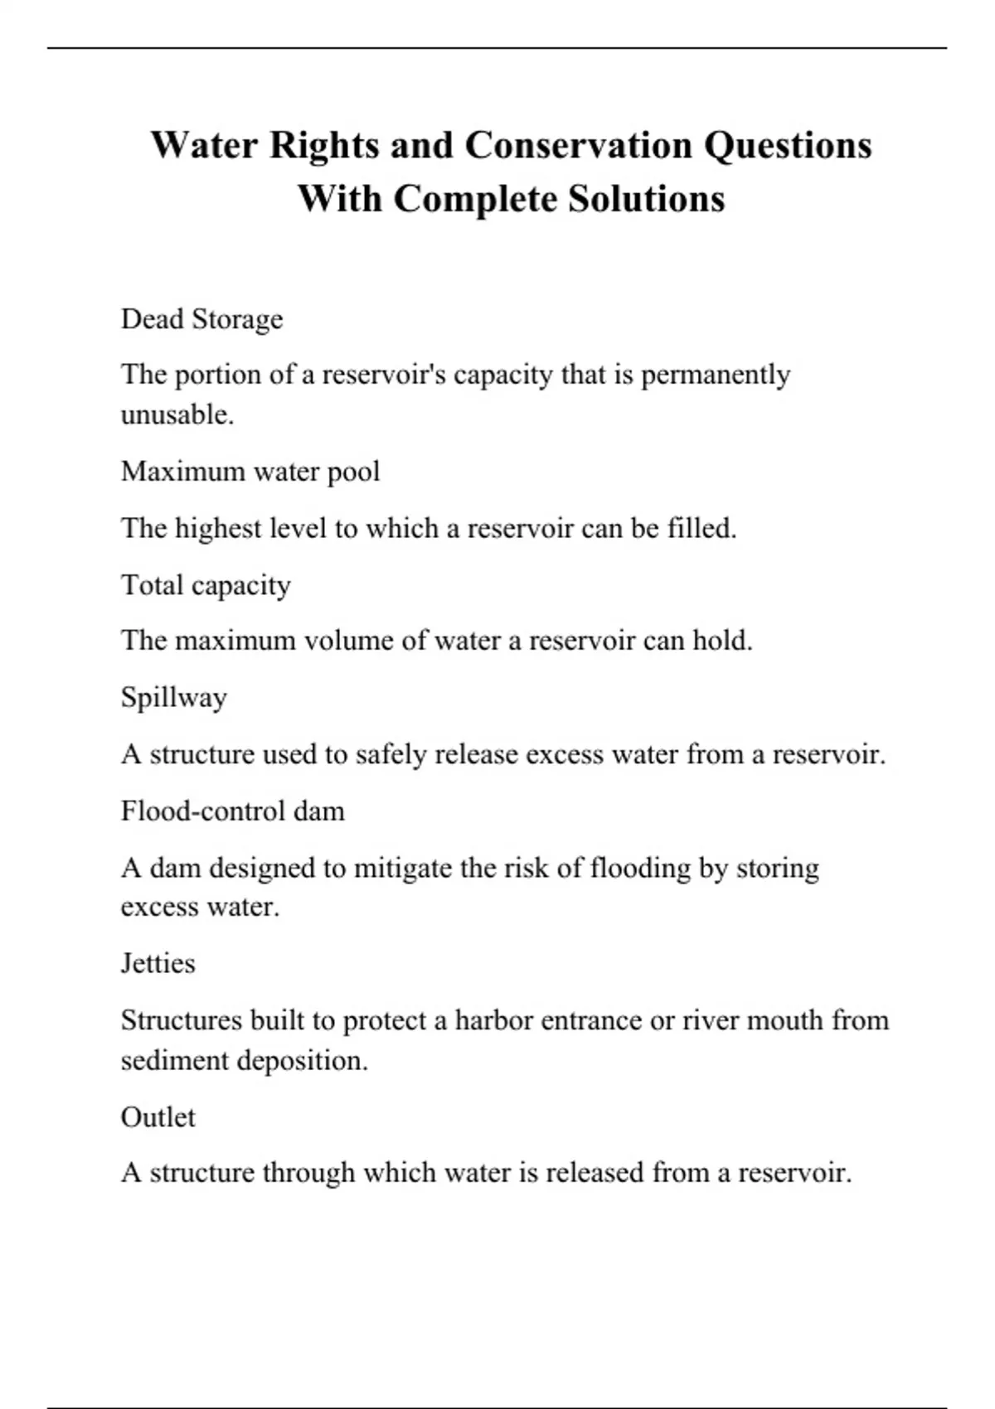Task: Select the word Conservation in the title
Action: pos(578,146)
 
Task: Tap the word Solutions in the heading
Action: pos(646,199)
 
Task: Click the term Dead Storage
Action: pos(201,319)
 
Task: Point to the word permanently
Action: pos(716,375)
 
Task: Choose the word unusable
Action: pos(177,414)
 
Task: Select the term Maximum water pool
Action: pos(250,472)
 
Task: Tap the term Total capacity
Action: pos(206,585)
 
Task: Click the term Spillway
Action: pos(173,698)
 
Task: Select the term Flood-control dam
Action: pos(232,811)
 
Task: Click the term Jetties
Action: pos(158,963)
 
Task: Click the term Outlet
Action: pos(158,1117)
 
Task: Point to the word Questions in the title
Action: pos(788,147)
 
